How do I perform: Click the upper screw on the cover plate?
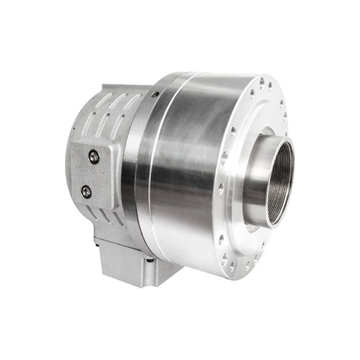coord(94,157)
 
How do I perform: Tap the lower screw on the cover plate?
coord(86,190)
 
